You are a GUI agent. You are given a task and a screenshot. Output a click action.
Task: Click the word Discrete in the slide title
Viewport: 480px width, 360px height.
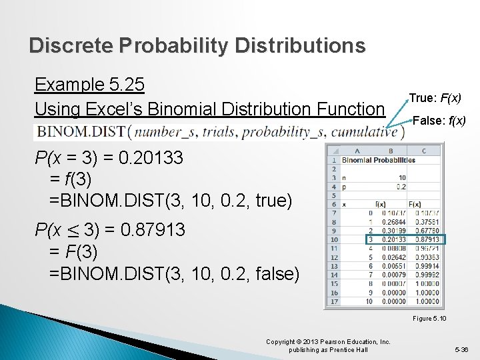tap(71, 45)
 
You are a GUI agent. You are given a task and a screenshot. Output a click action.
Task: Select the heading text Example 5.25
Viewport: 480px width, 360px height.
tap(89, 85)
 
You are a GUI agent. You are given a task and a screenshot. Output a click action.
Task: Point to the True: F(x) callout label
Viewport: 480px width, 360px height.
tap(435, 97)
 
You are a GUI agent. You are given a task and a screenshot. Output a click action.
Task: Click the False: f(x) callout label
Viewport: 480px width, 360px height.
tap(439, 121)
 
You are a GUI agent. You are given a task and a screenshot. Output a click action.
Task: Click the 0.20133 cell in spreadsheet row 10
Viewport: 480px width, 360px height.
tap(388, 239)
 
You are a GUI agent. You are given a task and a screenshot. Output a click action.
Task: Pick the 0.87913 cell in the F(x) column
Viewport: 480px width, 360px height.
tap(424, 239)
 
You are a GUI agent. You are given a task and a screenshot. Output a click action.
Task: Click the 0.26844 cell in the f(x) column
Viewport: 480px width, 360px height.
tap(388, 222)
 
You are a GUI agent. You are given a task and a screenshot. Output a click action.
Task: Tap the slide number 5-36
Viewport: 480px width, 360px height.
tap(461, 349)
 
